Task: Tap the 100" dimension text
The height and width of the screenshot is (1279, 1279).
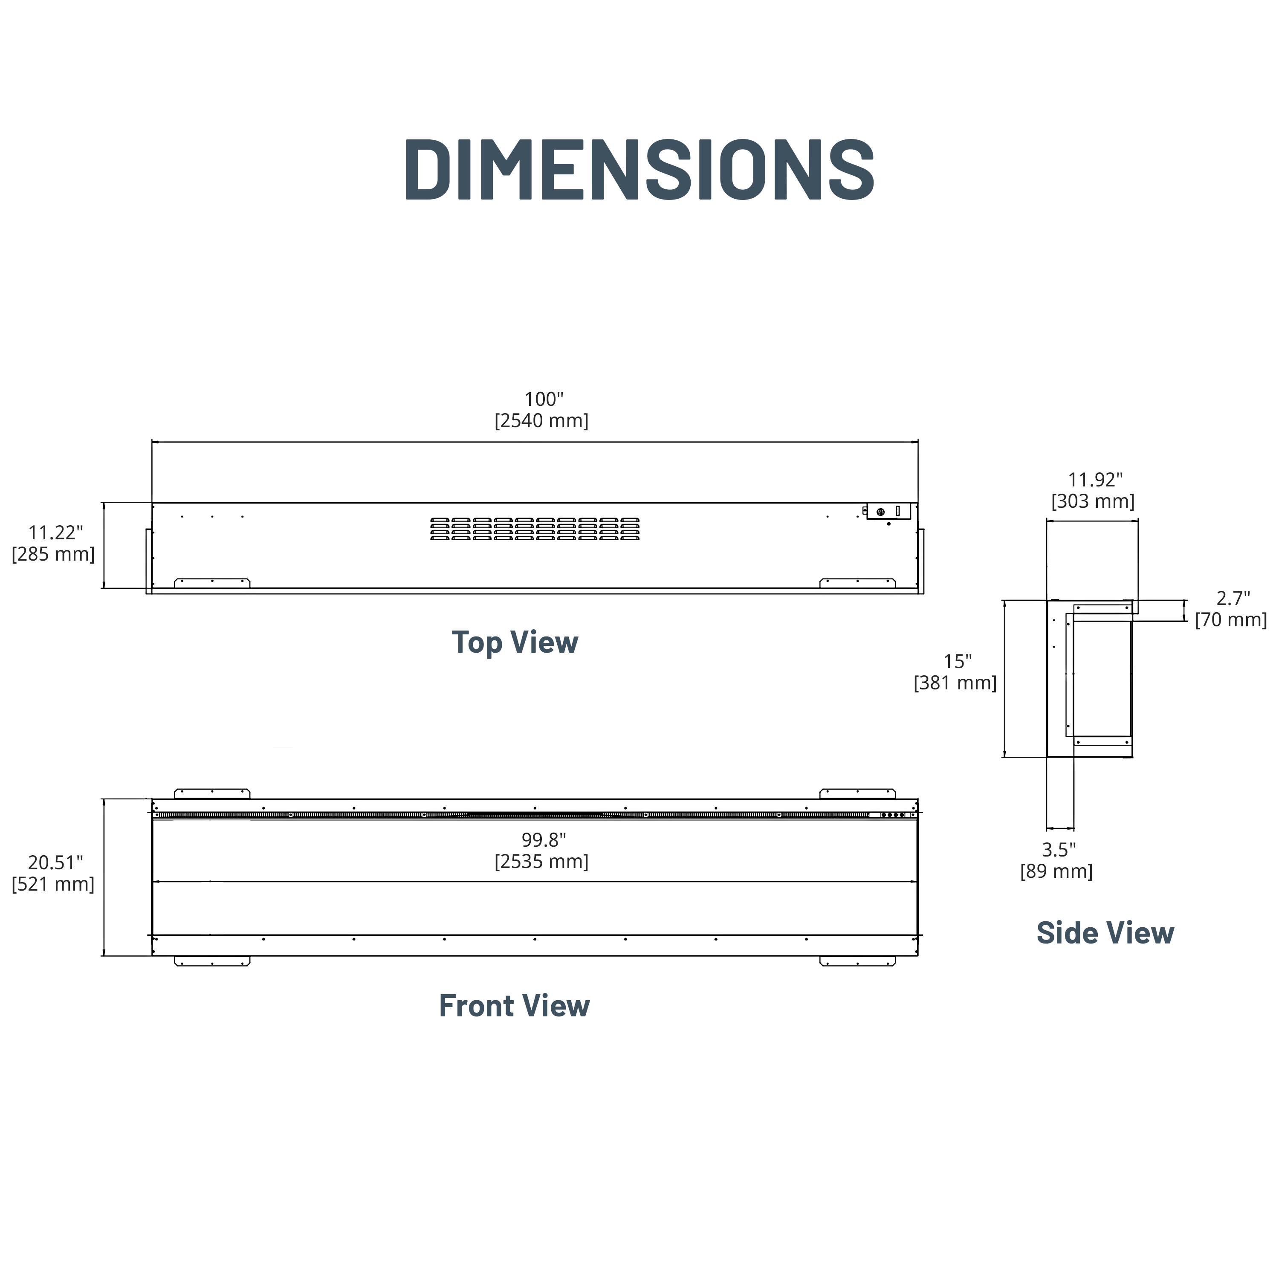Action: click(544, 399)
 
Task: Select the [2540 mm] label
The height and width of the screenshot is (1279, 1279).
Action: click(541, 420)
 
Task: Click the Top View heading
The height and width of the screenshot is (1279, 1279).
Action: click(515, 642)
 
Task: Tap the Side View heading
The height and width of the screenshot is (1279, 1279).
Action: click(1105, 933)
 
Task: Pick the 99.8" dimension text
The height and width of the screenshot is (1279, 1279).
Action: click(544, 840)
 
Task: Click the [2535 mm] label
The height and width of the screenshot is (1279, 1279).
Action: click(541, 861)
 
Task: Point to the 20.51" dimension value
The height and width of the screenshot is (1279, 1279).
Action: click(55, 862)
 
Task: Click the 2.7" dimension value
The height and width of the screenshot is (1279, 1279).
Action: click(1233, 599)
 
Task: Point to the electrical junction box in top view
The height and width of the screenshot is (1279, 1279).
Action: click(888, 511)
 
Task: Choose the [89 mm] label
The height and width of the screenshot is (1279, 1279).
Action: click(1056, 871)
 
